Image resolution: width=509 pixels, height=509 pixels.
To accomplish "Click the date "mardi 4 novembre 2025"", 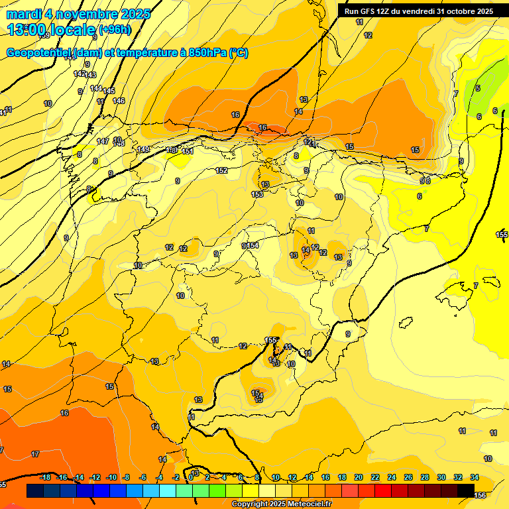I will coord(78,13).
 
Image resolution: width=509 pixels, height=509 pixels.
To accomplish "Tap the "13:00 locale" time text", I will coord(51,30).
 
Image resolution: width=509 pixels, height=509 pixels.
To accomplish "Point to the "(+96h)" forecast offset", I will coord(115,30).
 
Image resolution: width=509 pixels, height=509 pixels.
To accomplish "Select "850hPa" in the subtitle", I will coord(207,53).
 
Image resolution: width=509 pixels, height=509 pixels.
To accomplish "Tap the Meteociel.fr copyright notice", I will coord(282,504).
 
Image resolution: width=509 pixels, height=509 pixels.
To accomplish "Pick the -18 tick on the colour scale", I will coord(46,477).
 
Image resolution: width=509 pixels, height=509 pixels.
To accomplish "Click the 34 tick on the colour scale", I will coord(475,477).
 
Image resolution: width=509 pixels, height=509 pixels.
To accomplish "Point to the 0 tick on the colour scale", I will coord(191,477).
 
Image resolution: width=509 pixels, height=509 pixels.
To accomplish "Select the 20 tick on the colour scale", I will coord(359,477).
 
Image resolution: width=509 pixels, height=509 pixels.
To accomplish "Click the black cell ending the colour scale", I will coord(466,490).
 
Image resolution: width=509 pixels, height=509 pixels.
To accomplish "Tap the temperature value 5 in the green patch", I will coord(478,88).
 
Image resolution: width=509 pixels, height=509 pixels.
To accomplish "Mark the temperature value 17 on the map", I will coord(35,455).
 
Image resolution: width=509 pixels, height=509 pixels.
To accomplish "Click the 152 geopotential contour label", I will coord(221,170).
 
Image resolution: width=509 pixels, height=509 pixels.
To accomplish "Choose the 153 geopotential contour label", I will coord(257,194).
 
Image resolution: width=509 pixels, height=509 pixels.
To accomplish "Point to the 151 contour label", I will coord(188,151).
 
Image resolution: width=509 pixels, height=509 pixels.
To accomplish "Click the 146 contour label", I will coord(119,101).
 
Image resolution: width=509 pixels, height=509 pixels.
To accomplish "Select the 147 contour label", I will coord(103,141).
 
